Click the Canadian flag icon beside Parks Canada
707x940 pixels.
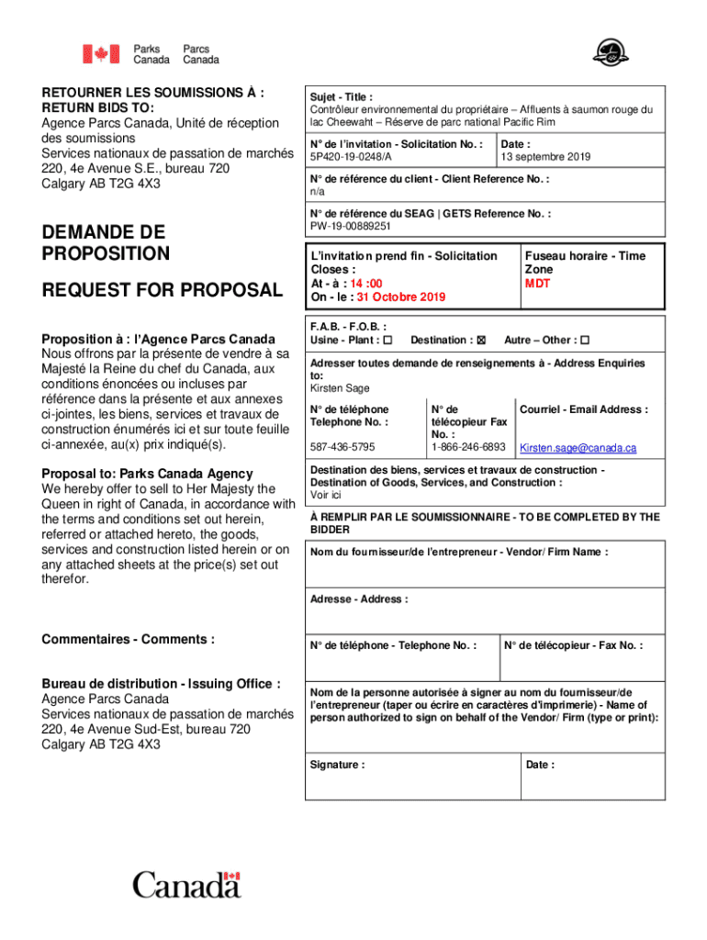pos(101,54)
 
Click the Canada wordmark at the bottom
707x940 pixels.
pos(186,886)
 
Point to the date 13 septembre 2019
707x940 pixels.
pos(545,157)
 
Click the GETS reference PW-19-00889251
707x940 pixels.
pos(350,226)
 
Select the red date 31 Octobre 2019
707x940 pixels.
pos(401,297)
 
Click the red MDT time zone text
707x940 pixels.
pos(537,284)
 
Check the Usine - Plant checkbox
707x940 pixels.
pos(387,341)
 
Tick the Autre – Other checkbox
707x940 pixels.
pos(585,341)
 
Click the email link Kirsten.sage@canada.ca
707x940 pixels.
pos(578,448)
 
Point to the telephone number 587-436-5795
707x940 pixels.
pos(342,448)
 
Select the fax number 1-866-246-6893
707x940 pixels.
pos(468,448)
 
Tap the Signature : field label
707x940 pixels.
pos(337,765)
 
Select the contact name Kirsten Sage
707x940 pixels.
pos(339,388)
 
